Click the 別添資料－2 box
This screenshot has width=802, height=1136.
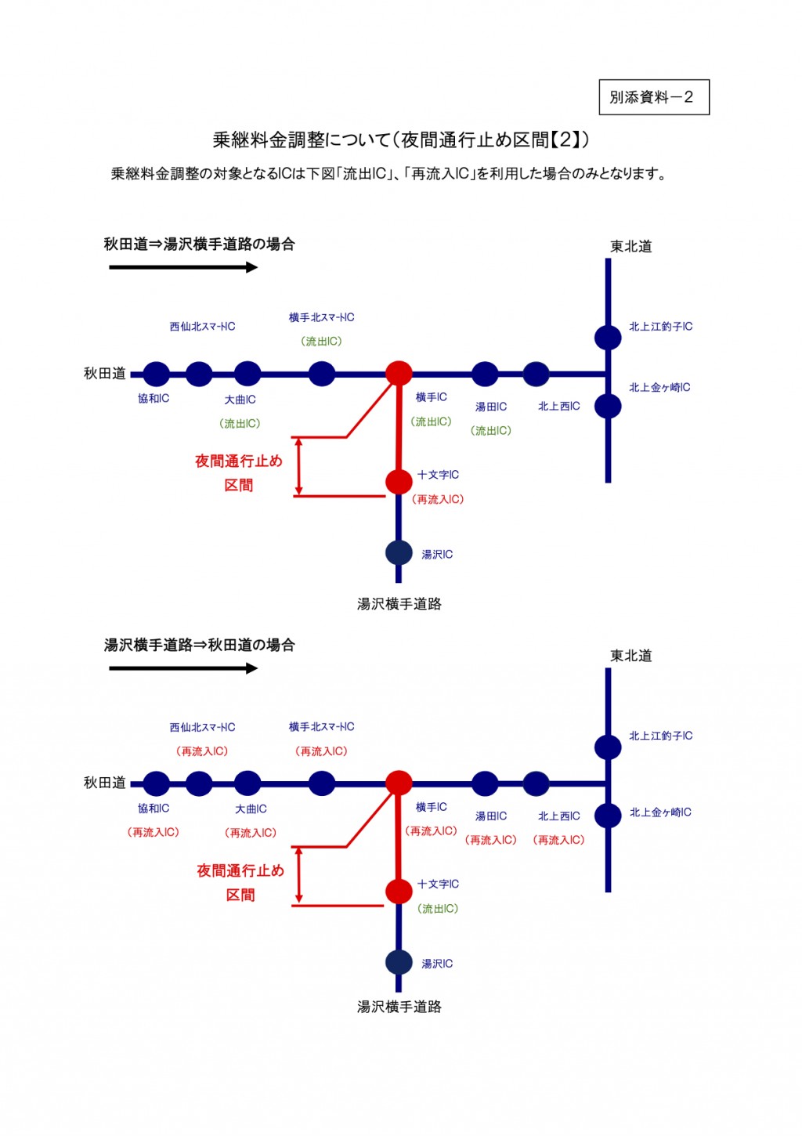653,97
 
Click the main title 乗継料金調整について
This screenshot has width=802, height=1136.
400,140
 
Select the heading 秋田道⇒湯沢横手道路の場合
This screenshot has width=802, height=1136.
199,244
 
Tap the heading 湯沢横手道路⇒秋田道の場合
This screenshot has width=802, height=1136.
199,646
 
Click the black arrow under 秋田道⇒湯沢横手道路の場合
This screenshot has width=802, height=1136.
183,267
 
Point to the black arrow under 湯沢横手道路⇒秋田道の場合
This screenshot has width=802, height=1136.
183,668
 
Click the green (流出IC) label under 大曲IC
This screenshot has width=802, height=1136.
240,424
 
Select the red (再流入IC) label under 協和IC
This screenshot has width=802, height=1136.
154,833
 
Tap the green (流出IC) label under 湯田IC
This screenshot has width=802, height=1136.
491,431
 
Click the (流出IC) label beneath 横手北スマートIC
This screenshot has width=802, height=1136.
321,342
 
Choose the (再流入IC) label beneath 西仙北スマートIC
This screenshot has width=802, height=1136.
202,751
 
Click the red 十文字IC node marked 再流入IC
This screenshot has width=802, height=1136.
399,481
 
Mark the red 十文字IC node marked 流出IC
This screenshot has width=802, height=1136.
399,891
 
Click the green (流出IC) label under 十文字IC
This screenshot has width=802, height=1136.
438,909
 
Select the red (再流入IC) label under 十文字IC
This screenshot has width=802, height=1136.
438,500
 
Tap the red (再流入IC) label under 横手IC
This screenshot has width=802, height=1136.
431,831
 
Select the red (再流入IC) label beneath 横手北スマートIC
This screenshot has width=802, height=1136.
321,751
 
